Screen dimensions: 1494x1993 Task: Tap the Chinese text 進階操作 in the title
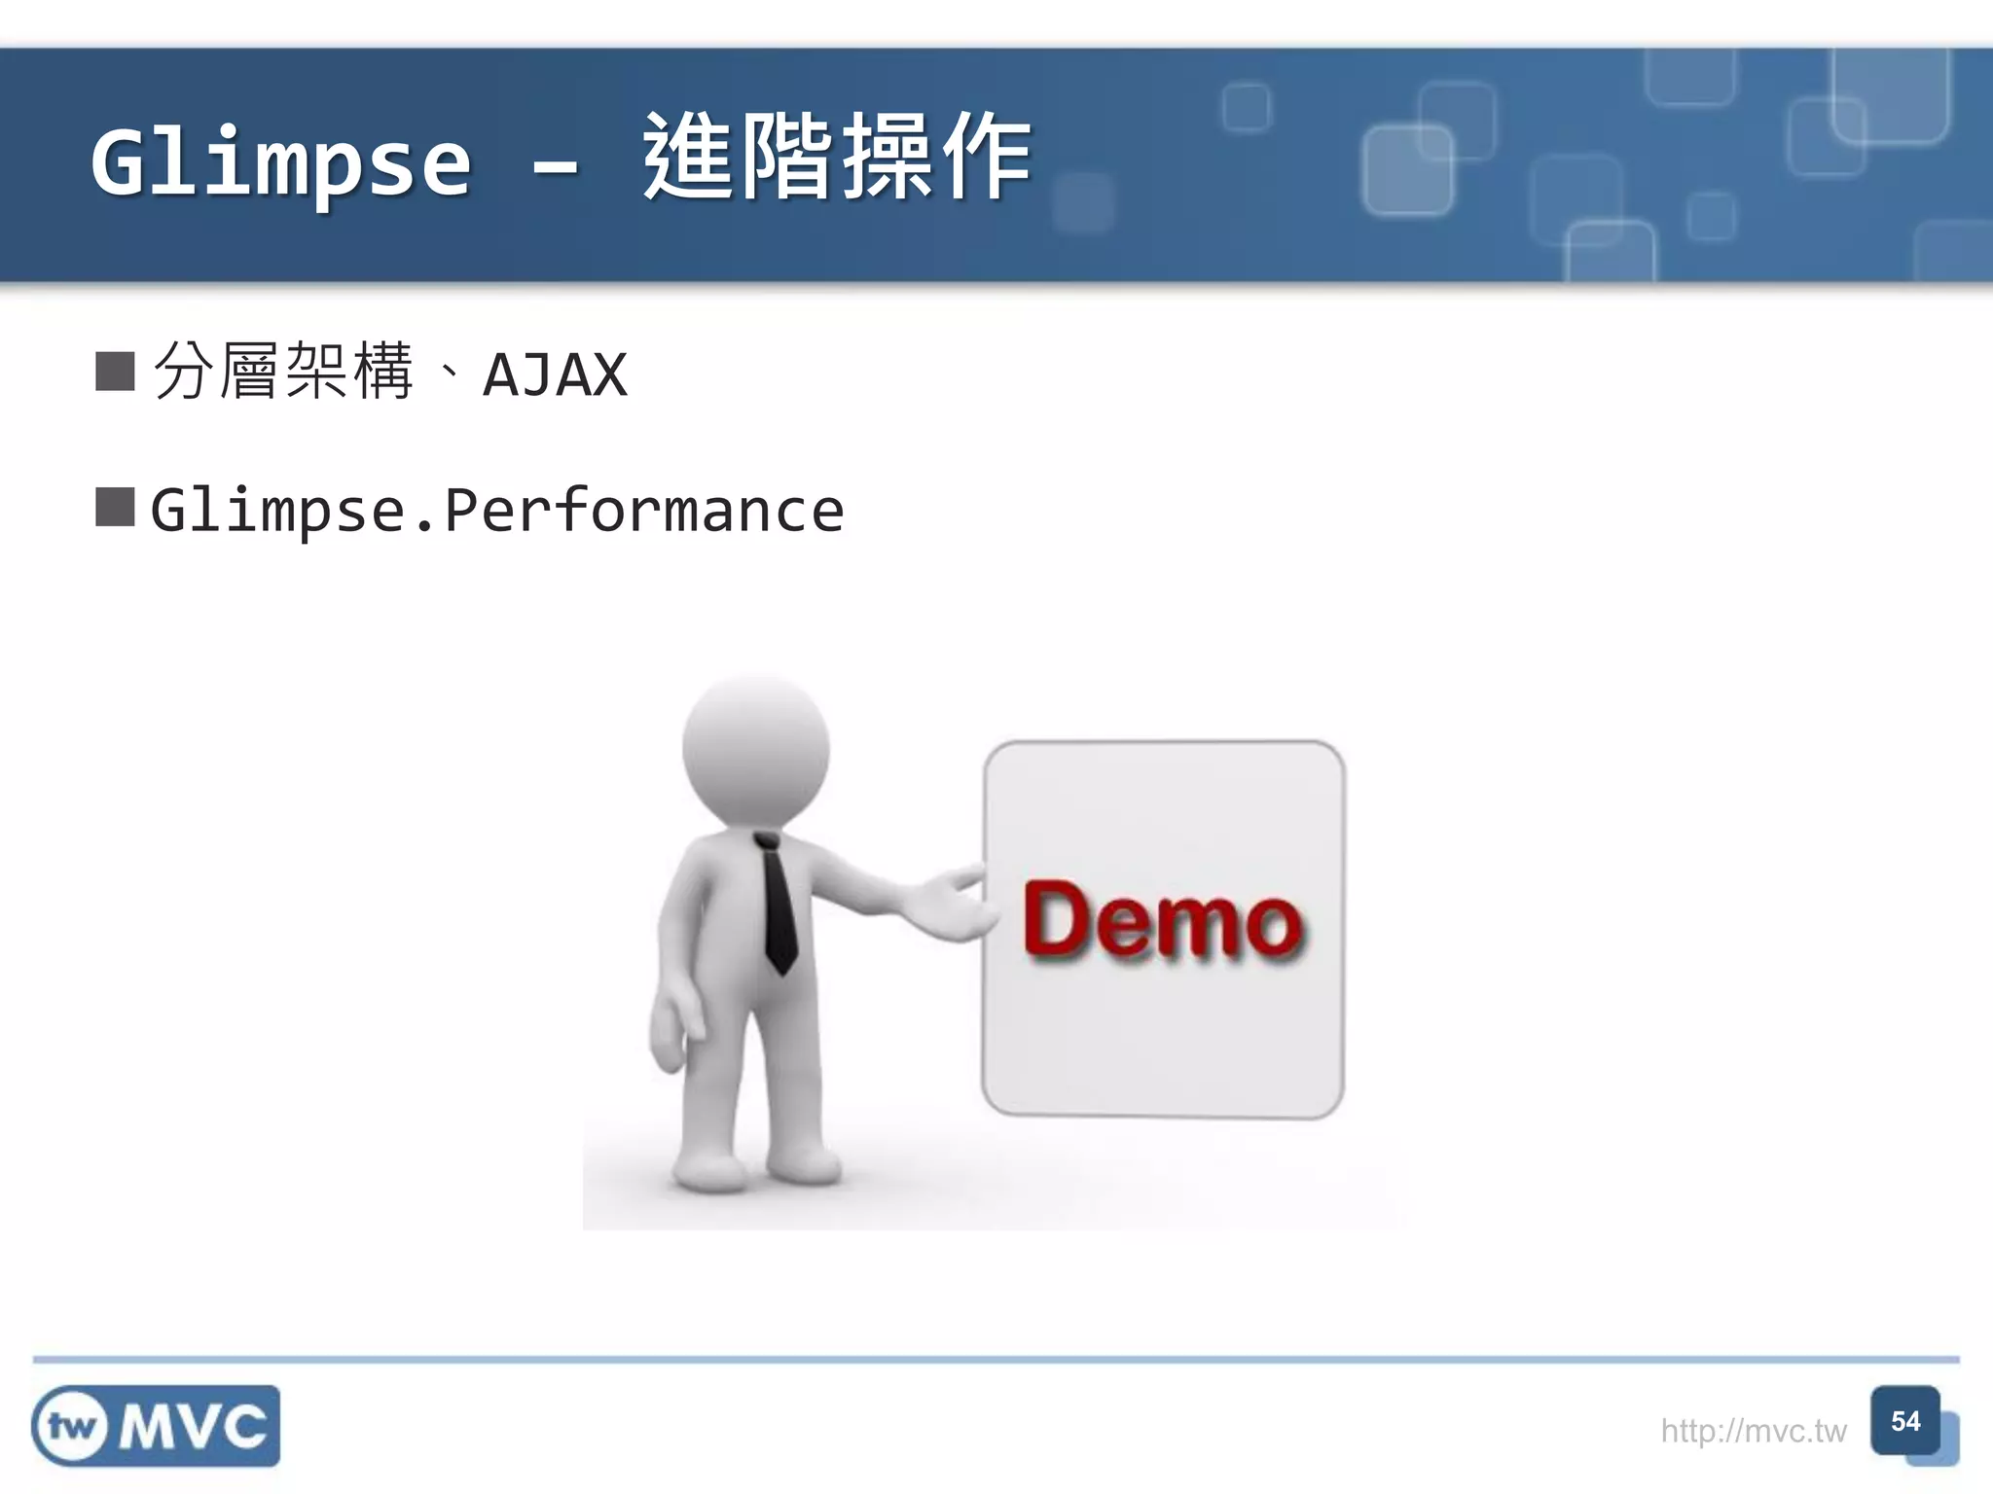pos(837,158)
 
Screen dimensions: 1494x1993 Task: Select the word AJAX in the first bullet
pos(556,375)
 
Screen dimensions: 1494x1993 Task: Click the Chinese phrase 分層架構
pos(283,372)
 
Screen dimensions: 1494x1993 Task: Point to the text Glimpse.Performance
pos(497,511)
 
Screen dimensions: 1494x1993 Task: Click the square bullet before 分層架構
pos(115,372)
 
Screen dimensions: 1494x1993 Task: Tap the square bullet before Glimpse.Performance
pos(115,507)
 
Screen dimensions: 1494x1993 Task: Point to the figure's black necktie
pos(778,905)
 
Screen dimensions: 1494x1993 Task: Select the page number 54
pos(1904,1422)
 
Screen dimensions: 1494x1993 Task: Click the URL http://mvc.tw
pos(1753,1431)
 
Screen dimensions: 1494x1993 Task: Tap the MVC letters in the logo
pos(194,1427)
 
